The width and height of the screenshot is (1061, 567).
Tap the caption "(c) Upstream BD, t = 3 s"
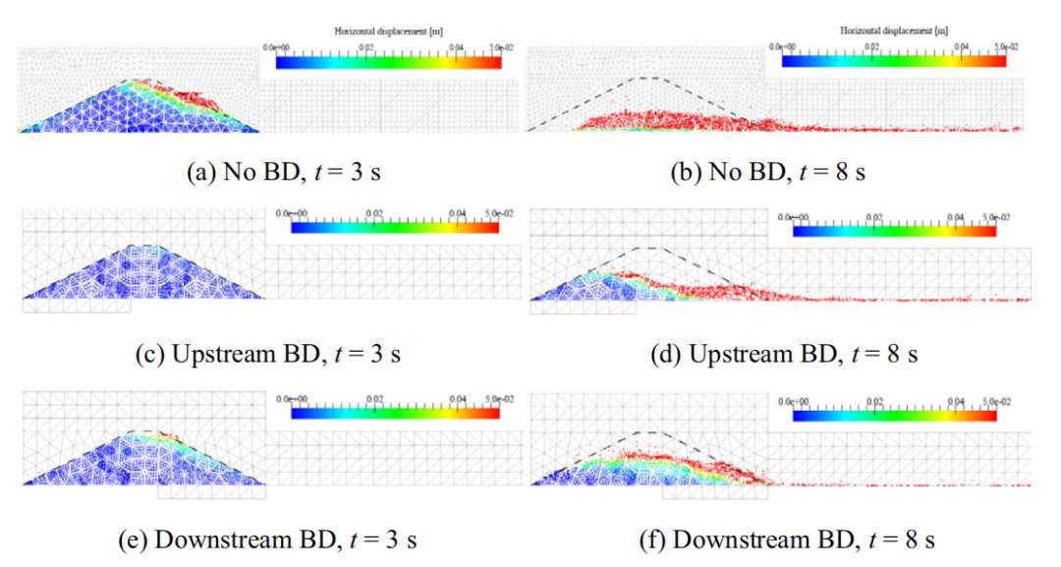point(268,354)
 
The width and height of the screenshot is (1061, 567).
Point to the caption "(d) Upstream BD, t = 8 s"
point(784,354)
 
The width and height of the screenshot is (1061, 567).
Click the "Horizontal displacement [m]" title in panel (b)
point(893,31)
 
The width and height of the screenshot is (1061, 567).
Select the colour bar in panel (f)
point(894,416)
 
